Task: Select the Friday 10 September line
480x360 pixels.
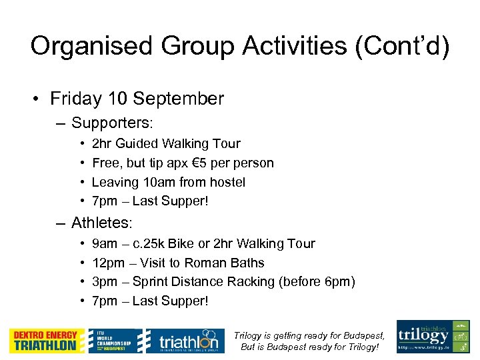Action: (137, 99)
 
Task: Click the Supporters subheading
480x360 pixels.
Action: (112, 123)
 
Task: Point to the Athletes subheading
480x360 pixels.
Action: (103, 223)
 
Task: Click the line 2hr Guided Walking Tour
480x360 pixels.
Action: (165, 144)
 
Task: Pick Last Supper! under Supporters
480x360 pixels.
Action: (170, 201)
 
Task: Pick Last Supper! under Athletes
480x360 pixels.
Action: (170, 301)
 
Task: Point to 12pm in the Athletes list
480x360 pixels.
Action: (105, 263)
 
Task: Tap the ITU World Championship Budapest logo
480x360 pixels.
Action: (115, 341)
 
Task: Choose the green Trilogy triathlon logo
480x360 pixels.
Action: (433, 337)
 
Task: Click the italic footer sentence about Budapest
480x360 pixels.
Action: (309, 341)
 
